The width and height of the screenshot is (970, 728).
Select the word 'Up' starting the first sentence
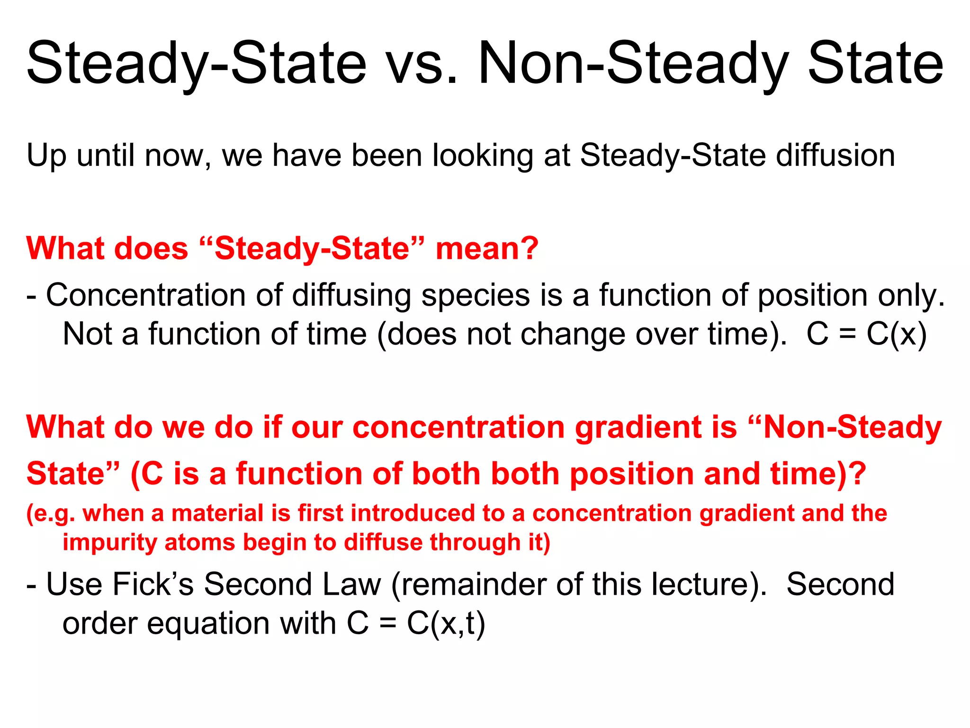(46, 156)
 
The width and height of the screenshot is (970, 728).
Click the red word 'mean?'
(487, 249)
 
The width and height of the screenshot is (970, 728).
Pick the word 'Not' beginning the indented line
(87, 334)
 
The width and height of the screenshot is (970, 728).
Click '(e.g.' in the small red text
(51, 514)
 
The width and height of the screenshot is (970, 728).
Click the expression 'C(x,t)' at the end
(446, 623)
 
